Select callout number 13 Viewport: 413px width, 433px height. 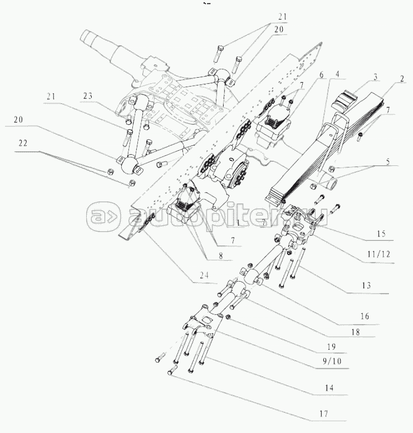[366, 285]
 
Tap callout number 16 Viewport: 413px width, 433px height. [364, 316]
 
